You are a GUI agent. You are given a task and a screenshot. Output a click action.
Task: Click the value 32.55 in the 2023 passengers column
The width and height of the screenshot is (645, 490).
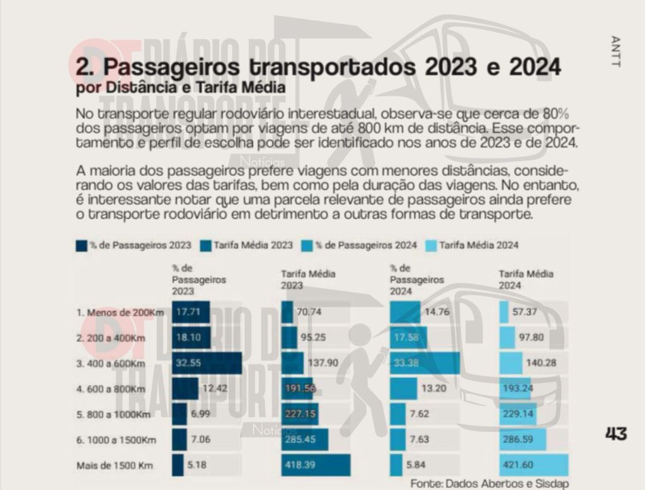(189, 363)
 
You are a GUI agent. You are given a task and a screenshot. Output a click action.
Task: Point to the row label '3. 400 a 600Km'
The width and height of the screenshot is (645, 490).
(111, 363)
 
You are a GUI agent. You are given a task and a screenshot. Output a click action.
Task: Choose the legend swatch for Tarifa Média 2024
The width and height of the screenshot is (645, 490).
(431, 245)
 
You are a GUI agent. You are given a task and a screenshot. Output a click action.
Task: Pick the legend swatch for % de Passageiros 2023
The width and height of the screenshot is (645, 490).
(81, 245)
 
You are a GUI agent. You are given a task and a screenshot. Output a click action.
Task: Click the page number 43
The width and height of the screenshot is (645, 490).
(615, 434)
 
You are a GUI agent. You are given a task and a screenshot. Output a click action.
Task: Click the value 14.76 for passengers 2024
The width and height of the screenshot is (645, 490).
(436, 312)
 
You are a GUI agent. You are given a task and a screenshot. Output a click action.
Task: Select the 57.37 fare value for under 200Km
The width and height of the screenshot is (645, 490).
(524, 312)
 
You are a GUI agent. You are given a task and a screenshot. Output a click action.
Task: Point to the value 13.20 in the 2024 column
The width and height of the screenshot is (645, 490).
(434, 389)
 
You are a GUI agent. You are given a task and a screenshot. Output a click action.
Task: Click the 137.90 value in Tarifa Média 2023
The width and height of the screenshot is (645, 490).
(321, 363)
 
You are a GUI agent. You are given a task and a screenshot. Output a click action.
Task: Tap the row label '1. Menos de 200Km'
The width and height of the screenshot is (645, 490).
(120, 312)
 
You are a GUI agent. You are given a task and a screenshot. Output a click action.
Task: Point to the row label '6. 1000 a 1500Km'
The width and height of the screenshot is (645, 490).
(117, 440)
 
